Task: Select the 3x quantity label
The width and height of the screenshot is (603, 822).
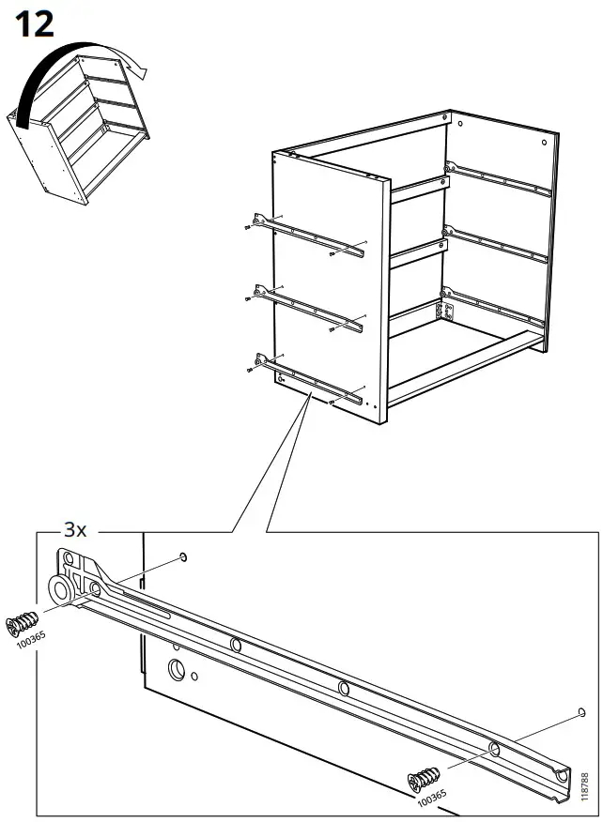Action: coord(75,530)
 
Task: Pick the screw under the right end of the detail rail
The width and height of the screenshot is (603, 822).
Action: coord(425,778)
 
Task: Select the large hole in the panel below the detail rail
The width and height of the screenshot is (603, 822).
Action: coord(176,670)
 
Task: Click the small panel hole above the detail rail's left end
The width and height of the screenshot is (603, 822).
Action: coord(183,558)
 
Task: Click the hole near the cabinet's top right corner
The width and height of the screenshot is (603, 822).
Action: coord(546,140)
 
